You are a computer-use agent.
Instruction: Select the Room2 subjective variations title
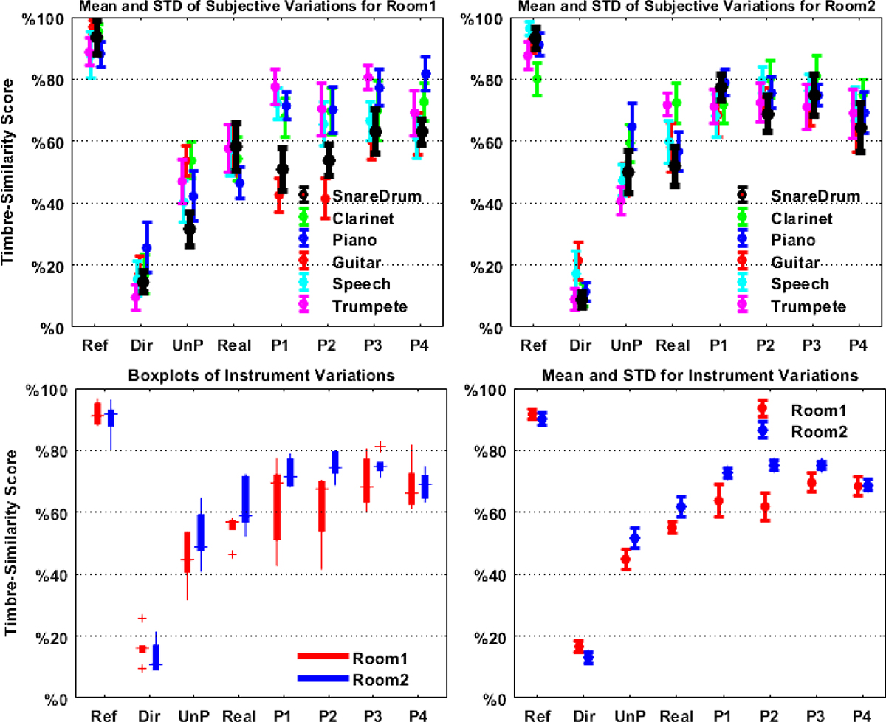[667, 7]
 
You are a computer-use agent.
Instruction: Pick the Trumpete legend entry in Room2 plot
[803, 306]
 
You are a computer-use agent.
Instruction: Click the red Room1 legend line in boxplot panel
[323, 656]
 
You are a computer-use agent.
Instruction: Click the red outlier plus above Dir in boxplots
[142, 618]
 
